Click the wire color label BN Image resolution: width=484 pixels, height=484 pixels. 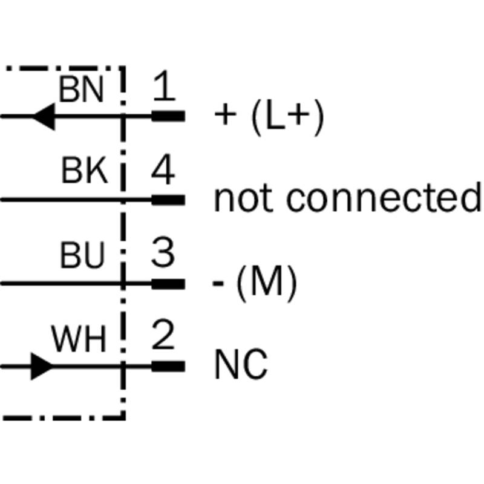click(x=81, y=91)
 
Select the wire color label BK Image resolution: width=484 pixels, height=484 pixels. click(x=84, y=172)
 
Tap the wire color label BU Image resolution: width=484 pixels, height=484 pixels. click(x=82, y=256)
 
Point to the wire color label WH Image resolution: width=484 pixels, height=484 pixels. click(x=79, y=339)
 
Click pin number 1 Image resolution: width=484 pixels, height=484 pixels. click(x=163, y=88)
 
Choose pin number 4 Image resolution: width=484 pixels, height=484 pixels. click(x=163, y=171)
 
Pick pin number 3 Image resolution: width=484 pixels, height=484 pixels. click(x=163, y=254)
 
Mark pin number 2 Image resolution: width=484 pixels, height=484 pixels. click(x=163, y=337)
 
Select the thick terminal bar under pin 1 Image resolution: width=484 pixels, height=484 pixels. click(x=168, y=116)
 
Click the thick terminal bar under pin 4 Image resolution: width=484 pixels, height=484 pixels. click(x=168, y=199)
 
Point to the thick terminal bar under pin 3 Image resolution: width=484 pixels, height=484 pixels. click(x=168, y=283)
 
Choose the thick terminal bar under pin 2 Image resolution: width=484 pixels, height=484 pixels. click(x=168, y=365)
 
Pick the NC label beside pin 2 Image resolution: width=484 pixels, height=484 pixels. click(x=241, y=365)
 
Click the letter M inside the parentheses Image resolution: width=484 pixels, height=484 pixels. click(x=266, y=283)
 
